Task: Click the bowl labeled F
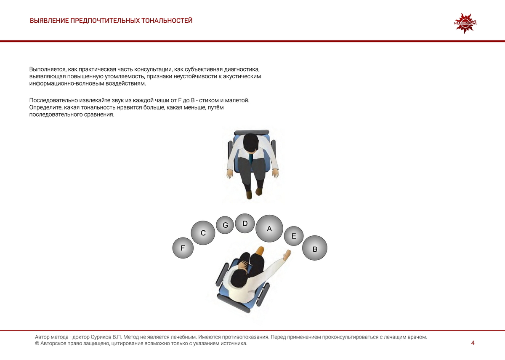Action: [x=183, y=248]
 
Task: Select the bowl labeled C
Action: [x=203, y=233]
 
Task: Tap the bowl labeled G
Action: [x=225, y=225]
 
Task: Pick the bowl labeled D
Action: [x=245, y=223]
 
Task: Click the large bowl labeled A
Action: [x=269, y=229]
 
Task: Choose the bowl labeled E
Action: [x=294, y=236]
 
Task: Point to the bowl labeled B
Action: [x=315, y=249]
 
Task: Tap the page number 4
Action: [x=473, y=343]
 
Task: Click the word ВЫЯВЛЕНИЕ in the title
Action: [x=49, y=21]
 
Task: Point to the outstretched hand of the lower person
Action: [x=287, y=254]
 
